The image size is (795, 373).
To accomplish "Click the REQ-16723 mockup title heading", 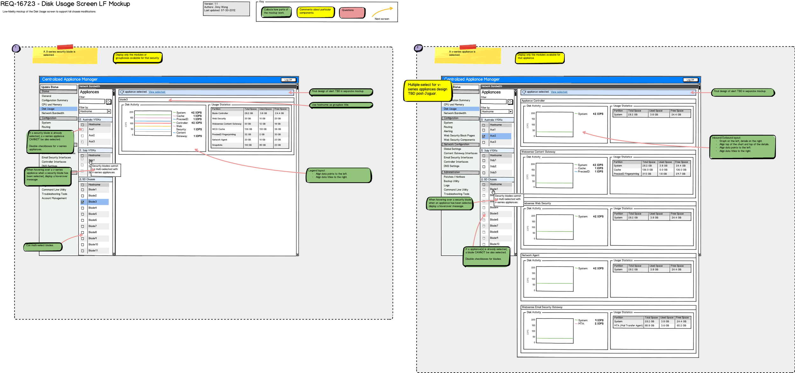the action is (65, 4).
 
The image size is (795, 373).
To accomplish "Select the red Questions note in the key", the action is (352, 12).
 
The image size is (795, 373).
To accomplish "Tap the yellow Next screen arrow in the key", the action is (383, 12).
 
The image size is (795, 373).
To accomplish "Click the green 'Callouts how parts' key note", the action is (276, 12).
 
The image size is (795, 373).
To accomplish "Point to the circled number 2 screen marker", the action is (418, 48).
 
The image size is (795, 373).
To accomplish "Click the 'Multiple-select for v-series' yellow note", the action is (427, 90).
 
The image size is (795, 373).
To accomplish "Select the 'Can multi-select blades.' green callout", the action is (43, 246).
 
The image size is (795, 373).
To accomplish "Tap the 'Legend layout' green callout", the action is (338, 176).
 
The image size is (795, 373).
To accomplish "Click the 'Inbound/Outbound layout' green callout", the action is (742, 147).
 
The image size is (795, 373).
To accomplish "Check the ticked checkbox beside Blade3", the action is (83, 202).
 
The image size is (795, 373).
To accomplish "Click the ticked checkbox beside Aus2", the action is (484, 136).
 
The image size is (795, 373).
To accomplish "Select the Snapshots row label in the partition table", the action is (218, 145).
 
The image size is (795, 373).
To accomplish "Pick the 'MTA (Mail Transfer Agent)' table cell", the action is (628, 326).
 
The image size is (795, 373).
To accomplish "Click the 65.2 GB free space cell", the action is (681, 326).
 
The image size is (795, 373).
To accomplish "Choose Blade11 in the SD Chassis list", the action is (93, 251).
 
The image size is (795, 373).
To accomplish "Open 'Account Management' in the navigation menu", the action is (54, 198).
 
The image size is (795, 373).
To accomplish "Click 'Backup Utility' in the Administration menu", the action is (451, 181).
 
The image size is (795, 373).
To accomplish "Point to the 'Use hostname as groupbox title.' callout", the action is (341, 105).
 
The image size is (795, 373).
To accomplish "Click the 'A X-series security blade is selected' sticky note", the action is (65, 55).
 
